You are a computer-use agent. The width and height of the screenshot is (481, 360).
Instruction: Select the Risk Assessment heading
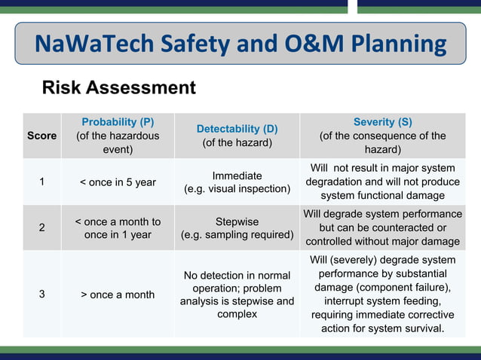[x=118, y=87]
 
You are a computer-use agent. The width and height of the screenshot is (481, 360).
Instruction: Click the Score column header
[x=41, y=136]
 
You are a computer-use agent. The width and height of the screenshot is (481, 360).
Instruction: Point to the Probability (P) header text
[x=118, y=122]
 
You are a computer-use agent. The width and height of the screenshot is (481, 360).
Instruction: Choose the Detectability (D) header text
[x=237, y=129]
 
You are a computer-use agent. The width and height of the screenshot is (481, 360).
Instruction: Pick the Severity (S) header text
[x=382, y=122]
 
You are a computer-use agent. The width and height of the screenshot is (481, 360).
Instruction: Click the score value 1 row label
[x=41, y=182]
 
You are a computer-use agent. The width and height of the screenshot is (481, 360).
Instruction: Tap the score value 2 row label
[x=41, y=227]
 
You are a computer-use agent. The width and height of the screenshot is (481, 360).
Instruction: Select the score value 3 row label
[x=41, y=294]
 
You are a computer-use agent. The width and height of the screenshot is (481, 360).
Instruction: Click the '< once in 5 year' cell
[x=118, y=182]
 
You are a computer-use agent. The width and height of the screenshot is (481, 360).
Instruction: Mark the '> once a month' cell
[x=118, y=294]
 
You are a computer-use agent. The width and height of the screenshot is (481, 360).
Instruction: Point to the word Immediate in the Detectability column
[x=237, y=175]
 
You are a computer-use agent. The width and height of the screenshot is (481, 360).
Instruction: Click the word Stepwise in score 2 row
[x=237, y=221]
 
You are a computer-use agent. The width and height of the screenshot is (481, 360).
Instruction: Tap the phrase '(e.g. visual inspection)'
[x=237, y=189]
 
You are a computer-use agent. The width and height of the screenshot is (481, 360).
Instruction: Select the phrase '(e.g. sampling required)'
[x=237, y=235]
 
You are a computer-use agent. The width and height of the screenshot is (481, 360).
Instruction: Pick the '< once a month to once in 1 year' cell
[x=118, y=227]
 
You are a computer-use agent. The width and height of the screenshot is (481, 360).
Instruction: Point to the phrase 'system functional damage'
[x=382, y=196]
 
